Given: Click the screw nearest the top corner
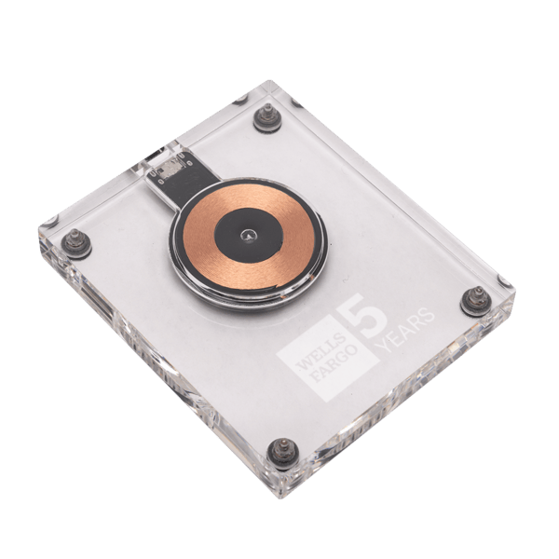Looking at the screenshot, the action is pos(267,117).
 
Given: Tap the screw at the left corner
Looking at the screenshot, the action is pos(76,242).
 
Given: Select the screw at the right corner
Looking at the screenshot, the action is pos(477,301).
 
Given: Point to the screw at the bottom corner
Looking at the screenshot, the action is pos(283,454).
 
